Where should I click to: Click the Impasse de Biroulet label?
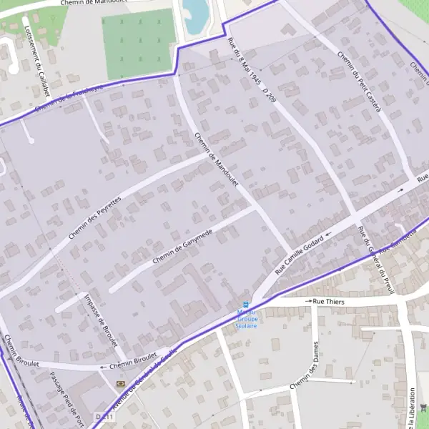100,321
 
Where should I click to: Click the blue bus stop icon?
247,305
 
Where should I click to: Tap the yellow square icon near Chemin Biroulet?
119,384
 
